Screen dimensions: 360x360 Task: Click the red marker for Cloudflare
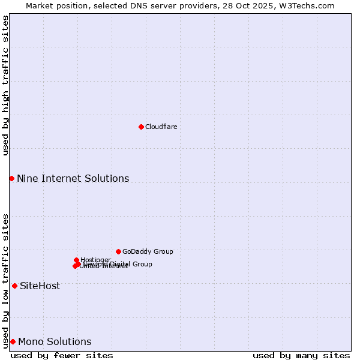click(x=141, y=127)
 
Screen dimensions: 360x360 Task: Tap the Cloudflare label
click(x=161, y=127)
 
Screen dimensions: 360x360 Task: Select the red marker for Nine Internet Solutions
click(x=11, y=178)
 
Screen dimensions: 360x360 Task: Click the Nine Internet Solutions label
click(x=73, y=178)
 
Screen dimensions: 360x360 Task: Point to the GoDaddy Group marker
click(x=118, y=251)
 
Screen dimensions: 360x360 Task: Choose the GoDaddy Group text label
click(x=148, y=251)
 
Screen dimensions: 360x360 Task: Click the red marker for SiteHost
click(x=14, y=286)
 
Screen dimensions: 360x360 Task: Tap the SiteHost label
click(x=40, y=286)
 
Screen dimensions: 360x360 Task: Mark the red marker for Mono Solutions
click(x=13, y=341)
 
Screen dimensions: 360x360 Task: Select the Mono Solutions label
click(x=55, y=342)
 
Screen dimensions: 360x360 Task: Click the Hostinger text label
click(x=95, y=260)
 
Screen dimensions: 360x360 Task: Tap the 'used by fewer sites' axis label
click(x=62, y=355)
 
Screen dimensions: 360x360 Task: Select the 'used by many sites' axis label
click(x=301, y=355)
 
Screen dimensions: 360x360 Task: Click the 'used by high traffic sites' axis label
click(x=5, y=85)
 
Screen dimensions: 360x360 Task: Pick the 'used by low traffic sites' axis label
click(x=5, y=281)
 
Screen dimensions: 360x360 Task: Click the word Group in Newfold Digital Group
click(x=142, y=264)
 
